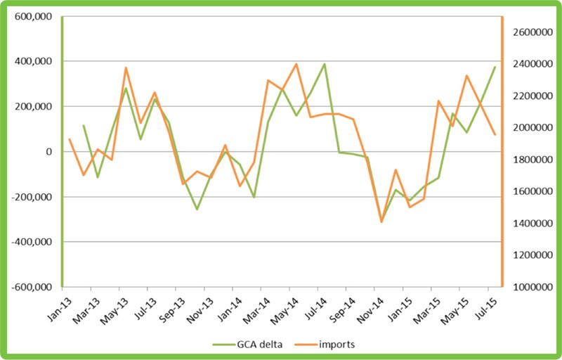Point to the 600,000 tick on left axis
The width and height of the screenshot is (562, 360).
pyautogui.click(x=34, y=16)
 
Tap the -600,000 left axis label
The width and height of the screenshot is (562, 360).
pyautogui.click(x=32, y=287)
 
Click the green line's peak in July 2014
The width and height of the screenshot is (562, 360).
pyautogui.click(x=325, y=64)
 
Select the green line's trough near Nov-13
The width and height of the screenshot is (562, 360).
pyautogui.click(x=197, y=210)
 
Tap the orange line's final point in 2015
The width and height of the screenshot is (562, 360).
pyautogui.click(x=495, y=135)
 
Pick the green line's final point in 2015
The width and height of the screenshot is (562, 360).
pyautogui.click(x=495, y=67)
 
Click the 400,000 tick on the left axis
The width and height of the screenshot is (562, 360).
pyautogui.click(x=34, y=61)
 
